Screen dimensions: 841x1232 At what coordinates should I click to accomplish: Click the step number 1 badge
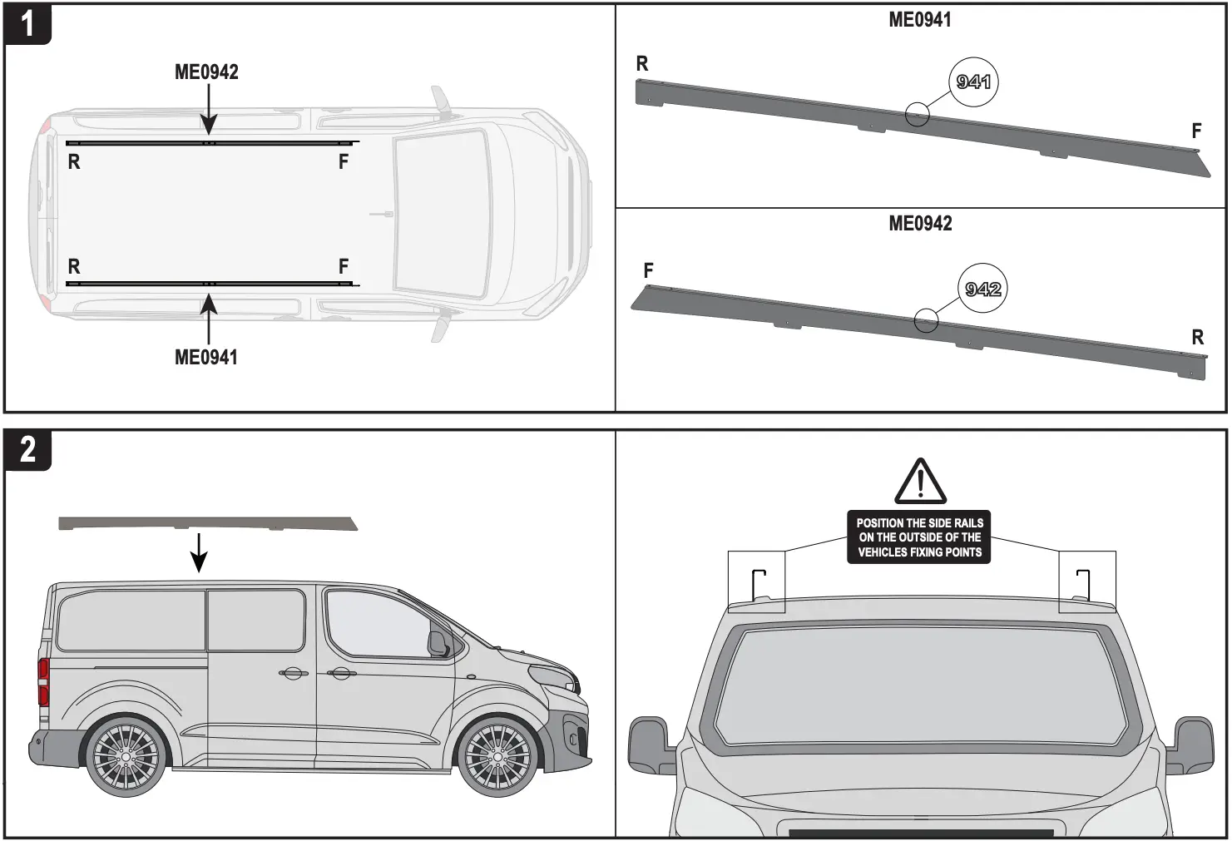click(x=27, y=24)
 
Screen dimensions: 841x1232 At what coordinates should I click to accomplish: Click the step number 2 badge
click(x=27, y=450)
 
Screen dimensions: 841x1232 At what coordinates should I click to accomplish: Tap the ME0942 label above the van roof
click(x=206, y=72)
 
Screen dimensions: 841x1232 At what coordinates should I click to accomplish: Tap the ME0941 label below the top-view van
click(x=206, y=358)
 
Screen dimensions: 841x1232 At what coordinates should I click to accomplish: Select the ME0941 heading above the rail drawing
click(x=919, y=20)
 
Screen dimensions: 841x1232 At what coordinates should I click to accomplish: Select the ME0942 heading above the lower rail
click(x=920, y=224)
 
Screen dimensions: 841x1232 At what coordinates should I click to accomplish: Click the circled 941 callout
click(x=973, y=82)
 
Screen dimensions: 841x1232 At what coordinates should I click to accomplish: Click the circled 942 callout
click(x=982, y=289)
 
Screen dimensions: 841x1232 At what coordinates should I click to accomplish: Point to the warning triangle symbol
click(x=920, y=482)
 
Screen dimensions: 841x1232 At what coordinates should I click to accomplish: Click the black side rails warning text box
click(x=919, y=537)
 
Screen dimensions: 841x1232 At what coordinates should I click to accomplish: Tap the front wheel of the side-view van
click(x=496, y=757)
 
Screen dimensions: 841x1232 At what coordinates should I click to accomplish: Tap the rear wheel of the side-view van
click(x=126, y=757)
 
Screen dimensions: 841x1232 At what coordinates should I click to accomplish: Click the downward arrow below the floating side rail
click(x=199, y=552)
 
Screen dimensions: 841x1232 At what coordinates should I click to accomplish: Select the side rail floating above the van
click(x=208, y=523)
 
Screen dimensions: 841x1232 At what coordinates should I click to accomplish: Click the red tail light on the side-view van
click(x=43, y=682)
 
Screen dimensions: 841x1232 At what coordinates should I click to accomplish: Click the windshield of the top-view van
click(x=441, y=213)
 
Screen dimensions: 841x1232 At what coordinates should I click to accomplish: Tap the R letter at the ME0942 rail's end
click(x=1197, y=338)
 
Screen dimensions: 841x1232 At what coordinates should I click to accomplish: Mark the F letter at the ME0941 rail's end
click(x=1196, y=131)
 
